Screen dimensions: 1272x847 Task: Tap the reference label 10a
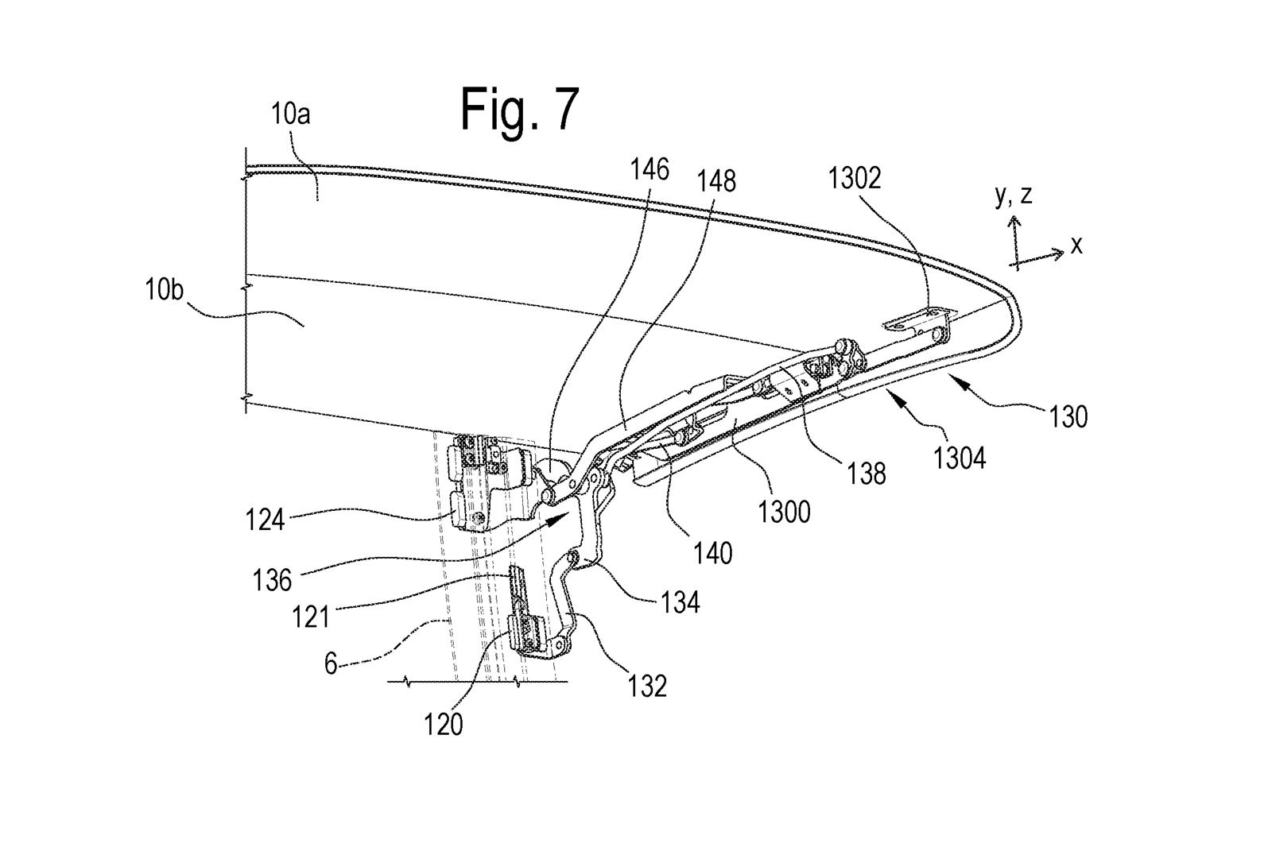(291, 114)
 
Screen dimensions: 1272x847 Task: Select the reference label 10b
(164, 290)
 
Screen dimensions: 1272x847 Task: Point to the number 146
(650, 169)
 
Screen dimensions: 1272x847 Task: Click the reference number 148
(716, 182)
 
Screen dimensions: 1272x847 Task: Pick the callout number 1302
(855, 178)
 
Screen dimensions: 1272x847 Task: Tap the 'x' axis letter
(1076, 246)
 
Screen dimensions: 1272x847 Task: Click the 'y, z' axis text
(1014, 195)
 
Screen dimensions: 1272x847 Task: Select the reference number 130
(1068, 417)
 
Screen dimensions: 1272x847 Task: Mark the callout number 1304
(960, 458)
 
